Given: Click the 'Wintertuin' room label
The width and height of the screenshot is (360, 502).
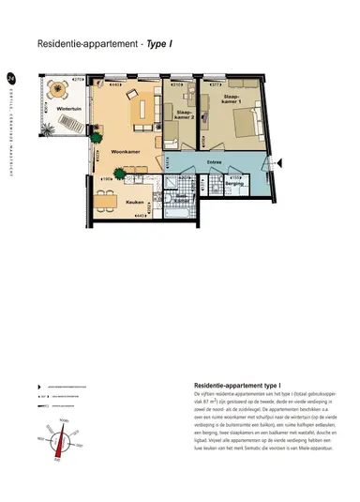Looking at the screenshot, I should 66,110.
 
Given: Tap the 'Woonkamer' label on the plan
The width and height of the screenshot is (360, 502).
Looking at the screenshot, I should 125,151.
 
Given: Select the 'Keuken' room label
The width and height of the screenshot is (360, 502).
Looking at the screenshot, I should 133,202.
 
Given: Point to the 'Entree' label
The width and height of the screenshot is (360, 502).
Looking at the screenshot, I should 214,160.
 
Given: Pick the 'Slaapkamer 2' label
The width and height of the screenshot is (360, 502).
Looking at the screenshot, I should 184,116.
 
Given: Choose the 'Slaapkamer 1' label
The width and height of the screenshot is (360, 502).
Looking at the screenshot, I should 232,99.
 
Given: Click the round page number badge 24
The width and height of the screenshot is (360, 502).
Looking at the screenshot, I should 10,78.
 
